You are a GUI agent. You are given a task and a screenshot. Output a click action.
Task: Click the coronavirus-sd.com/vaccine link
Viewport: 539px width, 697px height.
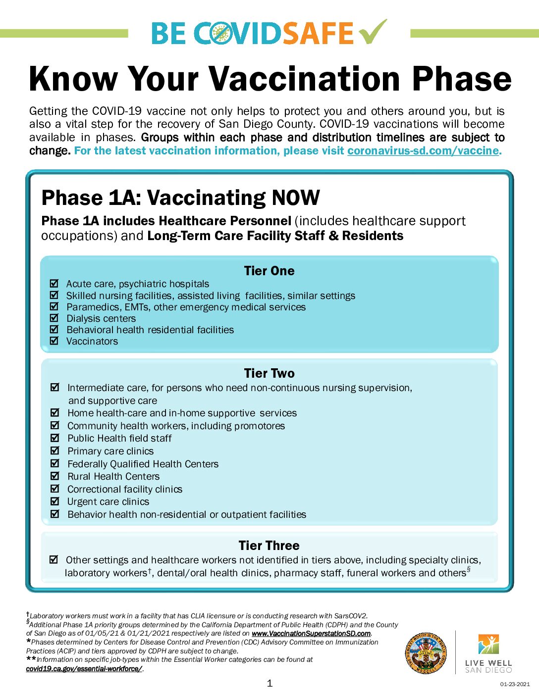point(423,150)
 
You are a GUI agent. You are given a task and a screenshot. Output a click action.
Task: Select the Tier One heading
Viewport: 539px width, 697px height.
point(269,271)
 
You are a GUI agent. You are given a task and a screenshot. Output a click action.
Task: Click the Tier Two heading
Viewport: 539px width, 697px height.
point(269,373)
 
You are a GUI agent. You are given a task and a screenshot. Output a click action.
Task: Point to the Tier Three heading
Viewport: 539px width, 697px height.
point(269,546)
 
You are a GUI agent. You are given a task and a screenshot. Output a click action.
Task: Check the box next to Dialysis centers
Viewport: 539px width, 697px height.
point(54,318)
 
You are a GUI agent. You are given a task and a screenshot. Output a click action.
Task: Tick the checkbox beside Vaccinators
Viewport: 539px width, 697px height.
point(54,341)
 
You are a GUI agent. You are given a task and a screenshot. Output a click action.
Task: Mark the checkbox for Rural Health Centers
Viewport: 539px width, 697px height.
point(55,476)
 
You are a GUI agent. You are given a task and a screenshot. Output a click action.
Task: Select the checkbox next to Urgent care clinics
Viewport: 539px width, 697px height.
point(55,501)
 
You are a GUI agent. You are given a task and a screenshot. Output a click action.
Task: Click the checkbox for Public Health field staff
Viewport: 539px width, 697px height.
point(55,438)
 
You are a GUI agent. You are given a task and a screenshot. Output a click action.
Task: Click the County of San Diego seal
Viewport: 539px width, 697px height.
point(426,653)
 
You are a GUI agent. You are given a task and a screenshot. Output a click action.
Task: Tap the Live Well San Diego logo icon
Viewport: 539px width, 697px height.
point(488,644)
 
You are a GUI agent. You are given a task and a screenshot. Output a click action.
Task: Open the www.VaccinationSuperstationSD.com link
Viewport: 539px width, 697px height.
point(311,634)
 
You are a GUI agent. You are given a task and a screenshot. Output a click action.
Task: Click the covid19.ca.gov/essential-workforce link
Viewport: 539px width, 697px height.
point(84,669)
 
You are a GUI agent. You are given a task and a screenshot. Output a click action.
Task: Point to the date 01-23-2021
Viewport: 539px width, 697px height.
point(515,684)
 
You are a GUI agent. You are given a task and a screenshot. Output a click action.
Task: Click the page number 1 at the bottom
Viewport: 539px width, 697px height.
point(269,684)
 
